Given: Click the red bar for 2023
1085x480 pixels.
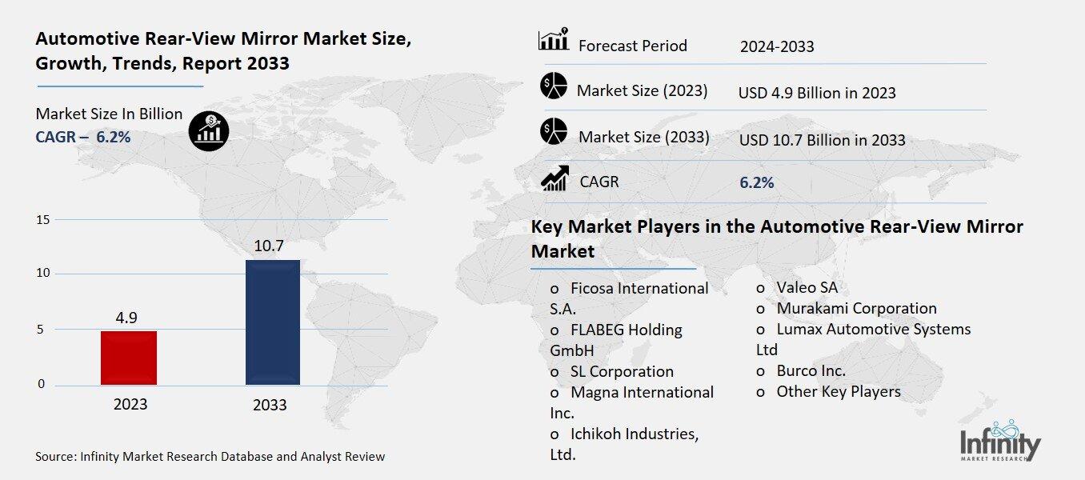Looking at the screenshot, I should pyautogui.click(x=129, y=358).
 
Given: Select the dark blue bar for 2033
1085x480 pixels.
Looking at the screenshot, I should pyautogui.click(x=272, y=322).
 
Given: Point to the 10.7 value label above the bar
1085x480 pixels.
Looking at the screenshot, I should pyautogui.click(x=270, y=246).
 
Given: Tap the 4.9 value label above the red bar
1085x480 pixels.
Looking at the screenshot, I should pyautogui.click(x=126, y=318).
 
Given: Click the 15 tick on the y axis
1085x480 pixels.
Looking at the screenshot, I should pyautogui.click(x=43, y=219).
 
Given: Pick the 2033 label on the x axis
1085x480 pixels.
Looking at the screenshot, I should pyautogui.click(x=270, y=405).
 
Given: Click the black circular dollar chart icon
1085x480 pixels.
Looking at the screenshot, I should pyautogui.click(x=209, y=130).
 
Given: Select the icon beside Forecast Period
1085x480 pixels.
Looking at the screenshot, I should pyautogui.click(x=553, y=40).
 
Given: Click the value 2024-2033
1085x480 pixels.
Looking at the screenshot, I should pyautogui.click(x=777, y=46).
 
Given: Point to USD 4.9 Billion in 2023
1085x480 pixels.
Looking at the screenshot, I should pyautogui.click(x=817, y=93).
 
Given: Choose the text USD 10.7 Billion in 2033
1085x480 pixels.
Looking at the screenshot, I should pyautogui.click(x=822, y=140).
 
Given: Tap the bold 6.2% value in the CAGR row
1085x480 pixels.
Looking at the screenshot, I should pyautogui.click(x=756, y=182).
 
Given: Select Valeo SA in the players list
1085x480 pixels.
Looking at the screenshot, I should pyautogui.click(x=807, y=287).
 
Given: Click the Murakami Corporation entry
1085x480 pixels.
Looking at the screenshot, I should pyautogui.click(x=855, y=308).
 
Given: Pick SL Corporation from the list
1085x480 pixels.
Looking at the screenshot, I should pyautogui.click(x=622, y=371).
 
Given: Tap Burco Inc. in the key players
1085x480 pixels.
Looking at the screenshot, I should pyautogui.click(x=811, y=370).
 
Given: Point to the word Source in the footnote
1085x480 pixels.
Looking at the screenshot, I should pyautogui.click(x=55, y=457).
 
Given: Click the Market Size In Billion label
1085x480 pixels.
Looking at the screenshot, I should pyautogui.click(x=109, y=114).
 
